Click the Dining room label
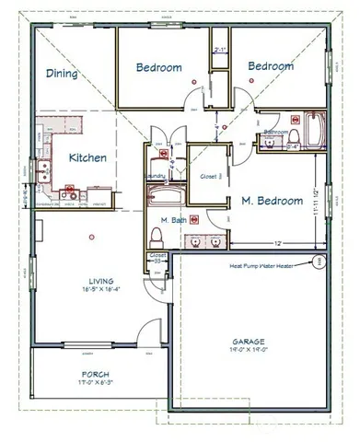click(63, 74)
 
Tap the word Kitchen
click(87, 157)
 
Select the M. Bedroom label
click(273, 200)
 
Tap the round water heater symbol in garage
click(319, 261)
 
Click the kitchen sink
click(43, 169)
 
